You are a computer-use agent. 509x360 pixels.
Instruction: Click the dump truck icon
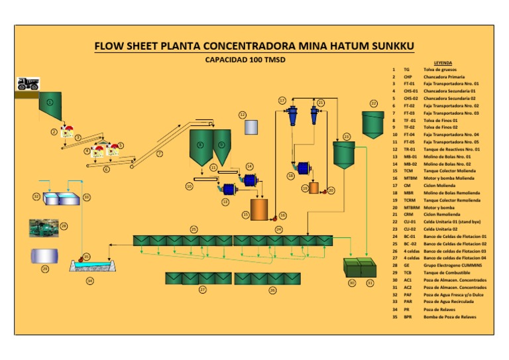coord(28,83)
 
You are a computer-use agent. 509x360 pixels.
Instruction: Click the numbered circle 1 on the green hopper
coord(50,102)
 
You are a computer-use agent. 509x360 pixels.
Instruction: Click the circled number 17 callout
coord(282,101)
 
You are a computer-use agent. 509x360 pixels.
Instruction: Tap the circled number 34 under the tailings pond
coord(89,281)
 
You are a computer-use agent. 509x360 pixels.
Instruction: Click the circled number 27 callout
coord(203,290)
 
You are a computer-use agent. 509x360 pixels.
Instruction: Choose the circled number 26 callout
coord(272,290)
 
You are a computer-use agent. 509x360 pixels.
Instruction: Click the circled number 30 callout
coord(352,283)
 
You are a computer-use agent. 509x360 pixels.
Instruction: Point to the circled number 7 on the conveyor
coord(159,154)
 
